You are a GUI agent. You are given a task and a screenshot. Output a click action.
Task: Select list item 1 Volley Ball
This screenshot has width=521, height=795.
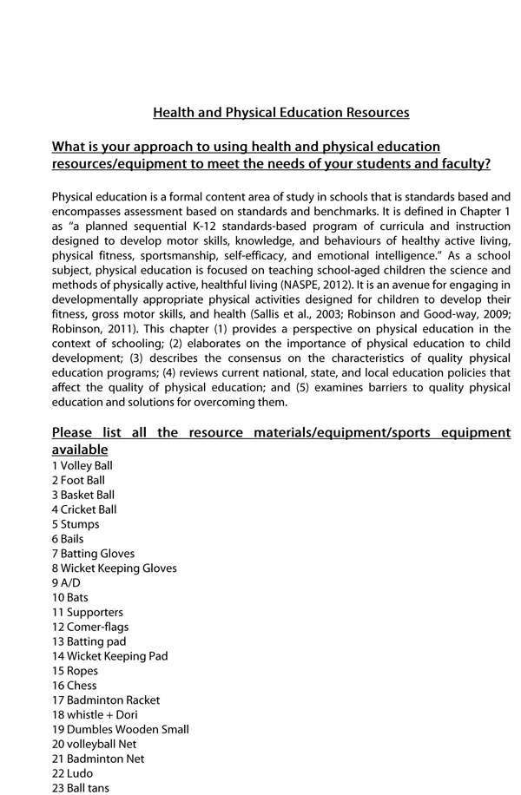(x=82, y=465)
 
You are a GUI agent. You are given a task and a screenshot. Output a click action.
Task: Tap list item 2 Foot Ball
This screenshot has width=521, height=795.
(x=78, y=480)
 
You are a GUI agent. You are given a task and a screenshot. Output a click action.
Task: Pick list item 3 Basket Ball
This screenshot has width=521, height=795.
(x=83, y=495)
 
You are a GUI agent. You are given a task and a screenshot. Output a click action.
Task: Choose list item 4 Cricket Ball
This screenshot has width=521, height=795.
(x=84, y=509)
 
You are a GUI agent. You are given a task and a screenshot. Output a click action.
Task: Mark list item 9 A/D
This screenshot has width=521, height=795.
(x=66, y=583)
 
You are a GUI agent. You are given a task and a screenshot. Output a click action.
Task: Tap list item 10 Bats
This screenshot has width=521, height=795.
(x=70, y=598)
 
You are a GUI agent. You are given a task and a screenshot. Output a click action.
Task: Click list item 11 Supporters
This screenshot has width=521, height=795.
(x=88, y=613)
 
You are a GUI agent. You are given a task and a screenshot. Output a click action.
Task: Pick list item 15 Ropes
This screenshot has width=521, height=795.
(x=76, y=671)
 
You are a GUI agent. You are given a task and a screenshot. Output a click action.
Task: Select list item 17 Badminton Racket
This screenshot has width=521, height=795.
(x=106, y=700)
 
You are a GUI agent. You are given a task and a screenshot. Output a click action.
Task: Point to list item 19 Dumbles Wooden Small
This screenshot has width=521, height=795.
(x=121, y=730)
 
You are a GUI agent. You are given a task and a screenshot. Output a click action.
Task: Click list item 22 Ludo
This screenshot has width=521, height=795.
(x=72, y=773)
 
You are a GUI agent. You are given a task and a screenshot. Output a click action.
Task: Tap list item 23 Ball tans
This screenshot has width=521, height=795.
(x=81, y=788)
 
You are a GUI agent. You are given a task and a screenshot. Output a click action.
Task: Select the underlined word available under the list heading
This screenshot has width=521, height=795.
(x=80, y=450)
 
